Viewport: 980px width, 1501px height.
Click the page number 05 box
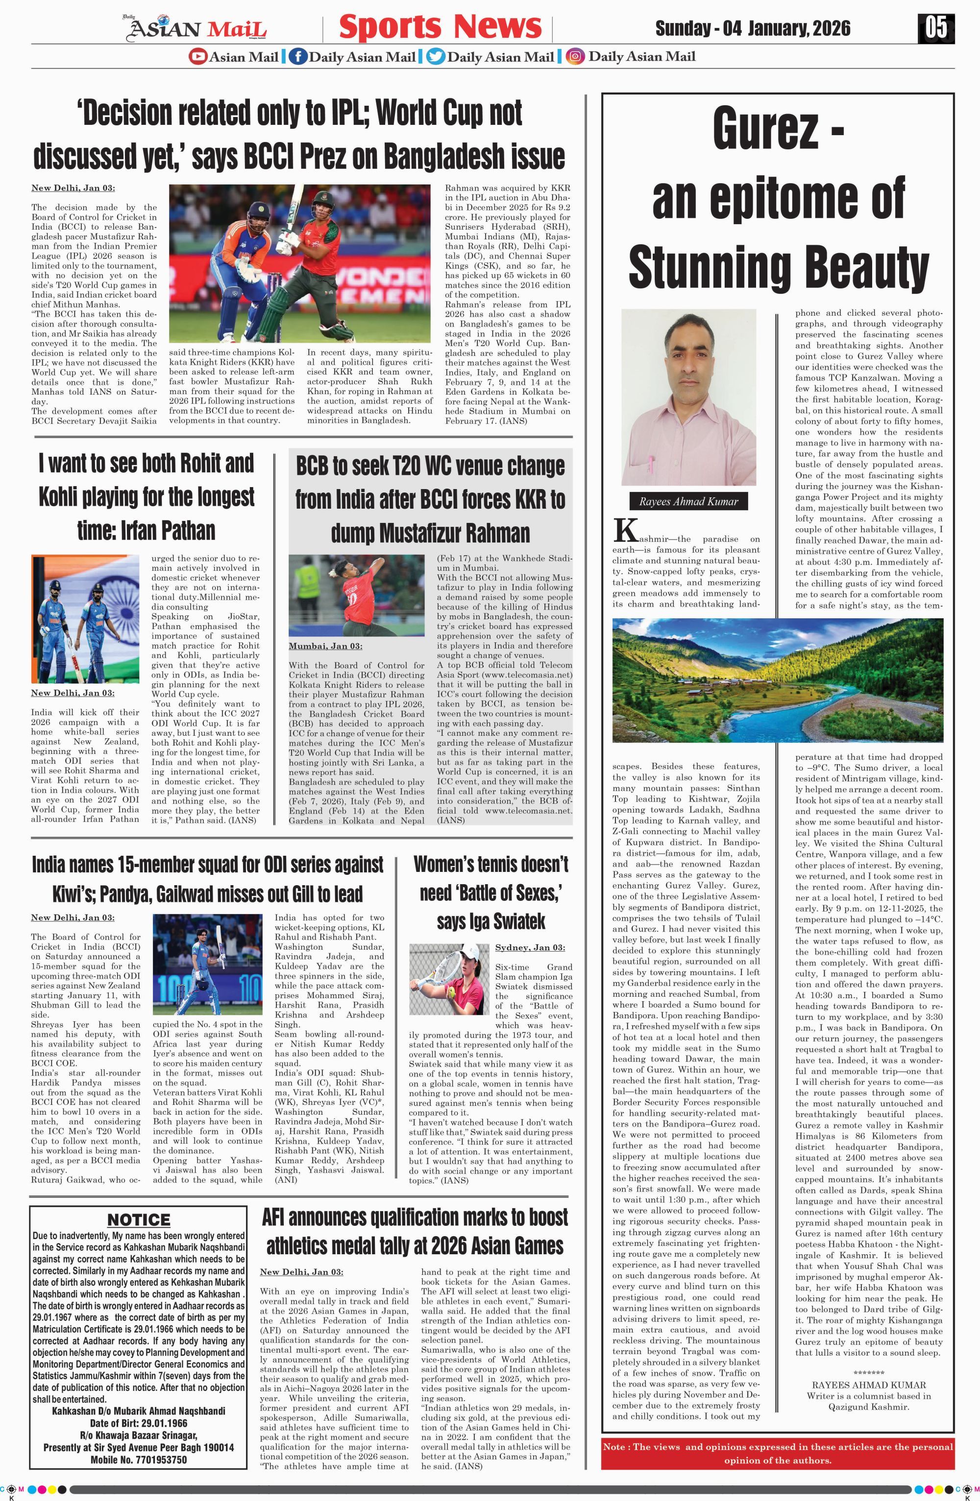(936, 28)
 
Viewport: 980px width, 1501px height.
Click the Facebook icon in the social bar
(298, 57)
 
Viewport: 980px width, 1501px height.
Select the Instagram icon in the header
(574, 57)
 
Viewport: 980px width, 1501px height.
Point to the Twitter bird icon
(435, 57)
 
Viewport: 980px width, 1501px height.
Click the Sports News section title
(440, 27)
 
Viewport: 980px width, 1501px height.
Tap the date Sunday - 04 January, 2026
(753, 28)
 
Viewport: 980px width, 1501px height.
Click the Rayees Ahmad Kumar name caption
(688, 501)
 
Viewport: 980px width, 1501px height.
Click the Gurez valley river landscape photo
(778, 680)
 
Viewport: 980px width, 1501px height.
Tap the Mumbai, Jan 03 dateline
(326, 646)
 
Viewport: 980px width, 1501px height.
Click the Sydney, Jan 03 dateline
(530, 947)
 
